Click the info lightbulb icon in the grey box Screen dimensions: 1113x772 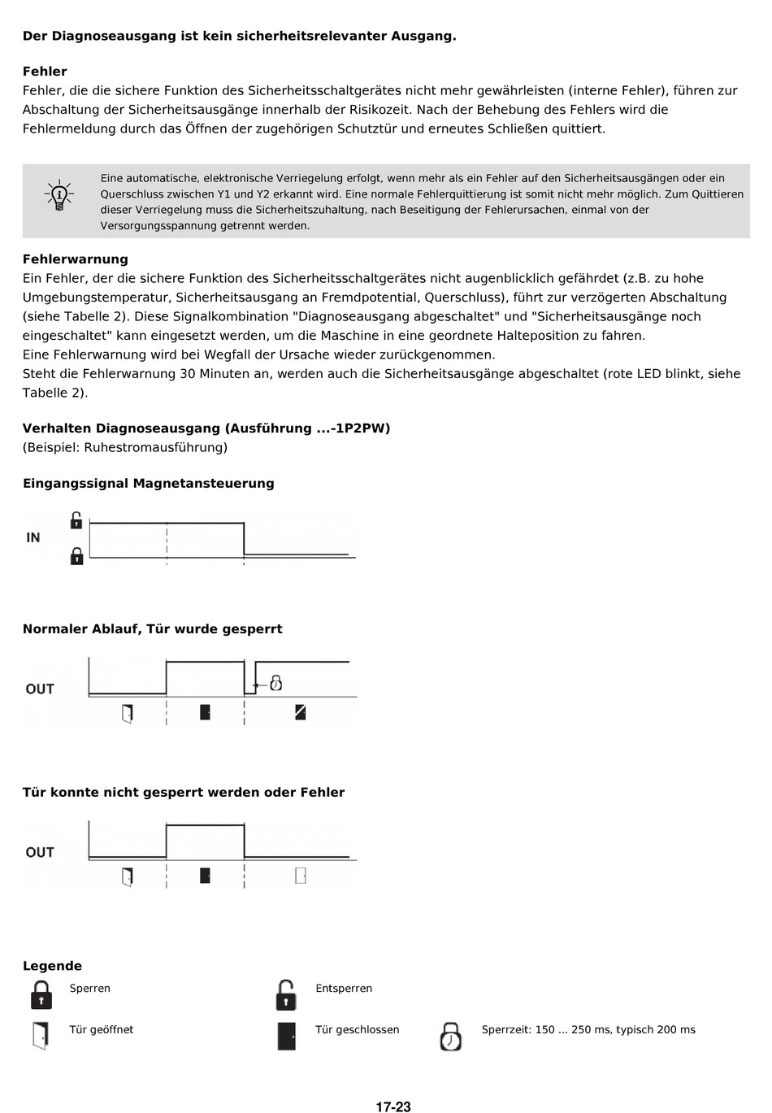[59, 196]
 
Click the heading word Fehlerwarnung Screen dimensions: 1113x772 [76, 259]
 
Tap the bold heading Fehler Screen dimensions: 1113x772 [45, 72]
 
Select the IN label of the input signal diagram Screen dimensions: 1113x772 [33, 537]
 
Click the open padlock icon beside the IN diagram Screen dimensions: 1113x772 [76, 520]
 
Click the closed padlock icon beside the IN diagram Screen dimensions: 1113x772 [76, 556]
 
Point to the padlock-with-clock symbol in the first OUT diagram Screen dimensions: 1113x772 [275, 683]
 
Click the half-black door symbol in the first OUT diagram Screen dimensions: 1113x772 [301, 712]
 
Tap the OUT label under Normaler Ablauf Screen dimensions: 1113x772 [40, 689]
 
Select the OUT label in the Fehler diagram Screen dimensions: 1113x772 [40, 852]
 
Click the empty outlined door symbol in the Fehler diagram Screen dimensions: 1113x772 [301, 876]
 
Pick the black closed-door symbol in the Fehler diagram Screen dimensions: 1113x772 [205, 876]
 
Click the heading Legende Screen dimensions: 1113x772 [52, 966]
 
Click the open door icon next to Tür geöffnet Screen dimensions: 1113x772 [41, 1036]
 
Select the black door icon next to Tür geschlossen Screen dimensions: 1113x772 [286, 1036]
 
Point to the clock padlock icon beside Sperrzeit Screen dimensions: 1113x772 [450, 1037]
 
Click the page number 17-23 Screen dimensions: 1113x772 [393, 1106]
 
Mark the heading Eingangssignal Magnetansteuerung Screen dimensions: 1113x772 [149, 484]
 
